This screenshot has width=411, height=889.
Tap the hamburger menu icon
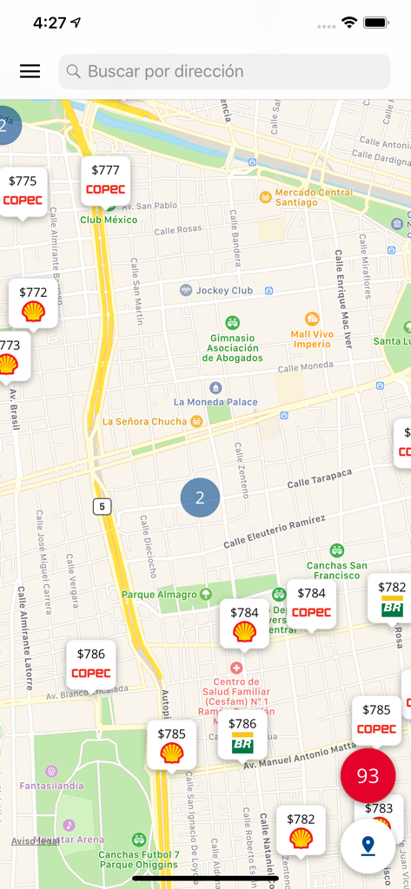coord(30,71)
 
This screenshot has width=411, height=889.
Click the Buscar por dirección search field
coord(224,71)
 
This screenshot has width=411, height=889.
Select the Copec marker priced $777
coord(105,180)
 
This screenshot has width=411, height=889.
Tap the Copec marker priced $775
coord(23,190)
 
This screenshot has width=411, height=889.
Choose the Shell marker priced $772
coord(33,303)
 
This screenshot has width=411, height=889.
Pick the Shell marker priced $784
coord(244,622)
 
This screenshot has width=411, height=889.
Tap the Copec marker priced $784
coord(311,603)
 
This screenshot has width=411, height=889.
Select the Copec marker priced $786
coord(90,664)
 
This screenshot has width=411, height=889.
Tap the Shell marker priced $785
coord(171,744)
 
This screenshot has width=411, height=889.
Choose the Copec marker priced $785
coord(376,720)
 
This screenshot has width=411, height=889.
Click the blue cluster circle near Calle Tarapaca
coord(200,497)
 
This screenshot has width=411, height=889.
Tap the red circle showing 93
coord(368,776)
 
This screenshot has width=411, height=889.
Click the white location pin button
coord(368,845)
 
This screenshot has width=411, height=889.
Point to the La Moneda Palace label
coord(215,402)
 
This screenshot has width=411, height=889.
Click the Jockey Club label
coord(224,290)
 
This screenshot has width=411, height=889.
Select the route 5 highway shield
coord(103,506)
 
